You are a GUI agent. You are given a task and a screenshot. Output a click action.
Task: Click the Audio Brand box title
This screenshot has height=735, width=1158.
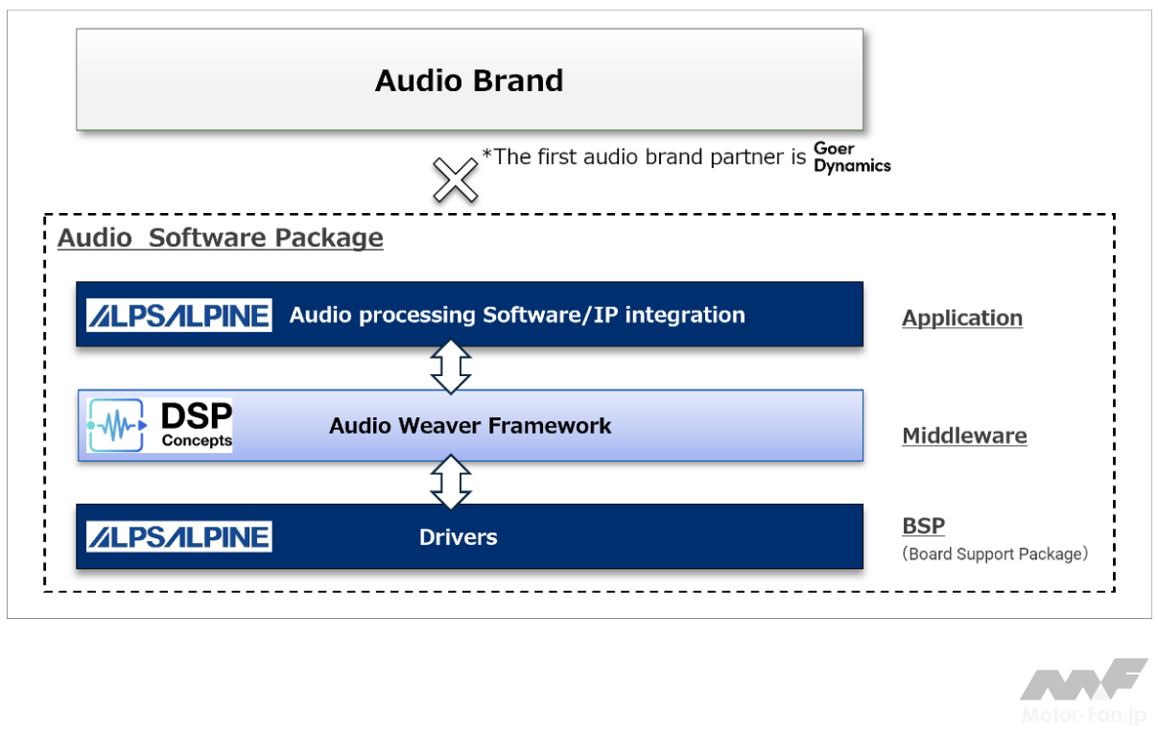tap(469, 81)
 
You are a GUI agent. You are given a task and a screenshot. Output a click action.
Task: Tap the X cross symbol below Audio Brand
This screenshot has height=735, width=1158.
tap(455, 178)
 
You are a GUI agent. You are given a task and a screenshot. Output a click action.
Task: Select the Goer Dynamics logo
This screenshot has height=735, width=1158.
tap(852, 157)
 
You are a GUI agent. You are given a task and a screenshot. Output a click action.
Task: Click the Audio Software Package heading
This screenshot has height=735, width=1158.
tap(221, 238)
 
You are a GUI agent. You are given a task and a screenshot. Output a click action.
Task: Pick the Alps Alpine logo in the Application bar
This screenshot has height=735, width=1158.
tap(179, 315)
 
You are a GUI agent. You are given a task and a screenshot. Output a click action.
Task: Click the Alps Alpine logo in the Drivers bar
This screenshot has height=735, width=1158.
tap(179, 536)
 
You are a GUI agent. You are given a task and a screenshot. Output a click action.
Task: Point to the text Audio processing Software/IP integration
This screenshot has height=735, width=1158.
tap(517, 315)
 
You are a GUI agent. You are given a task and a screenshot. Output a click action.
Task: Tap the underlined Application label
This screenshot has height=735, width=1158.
tap(962, 319)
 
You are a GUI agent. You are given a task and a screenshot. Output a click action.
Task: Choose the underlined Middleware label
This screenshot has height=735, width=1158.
tap(964, 437)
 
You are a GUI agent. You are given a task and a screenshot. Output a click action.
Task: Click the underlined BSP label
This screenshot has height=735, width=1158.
tap(923, 526)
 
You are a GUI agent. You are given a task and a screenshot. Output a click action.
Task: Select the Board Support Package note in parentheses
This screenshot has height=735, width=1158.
tap(995, 554)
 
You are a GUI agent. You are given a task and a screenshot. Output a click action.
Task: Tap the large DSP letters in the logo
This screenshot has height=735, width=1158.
tap(197, 416)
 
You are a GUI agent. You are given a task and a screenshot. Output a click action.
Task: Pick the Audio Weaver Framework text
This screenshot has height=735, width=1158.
tap(470, 425)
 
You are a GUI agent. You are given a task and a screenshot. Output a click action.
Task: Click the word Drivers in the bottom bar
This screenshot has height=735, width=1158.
tap(458, 537)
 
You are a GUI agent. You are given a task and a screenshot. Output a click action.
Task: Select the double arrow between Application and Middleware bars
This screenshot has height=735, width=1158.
tap(451, 367)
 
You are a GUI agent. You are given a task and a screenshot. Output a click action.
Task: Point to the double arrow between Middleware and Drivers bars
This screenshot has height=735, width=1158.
tap(451, 481)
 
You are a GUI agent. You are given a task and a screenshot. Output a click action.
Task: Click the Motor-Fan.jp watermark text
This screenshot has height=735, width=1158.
tap(1084, 716)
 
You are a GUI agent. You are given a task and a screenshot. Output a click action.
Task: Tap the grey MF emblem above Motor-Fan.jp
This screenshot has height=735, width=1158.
tap(1083, 679)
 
